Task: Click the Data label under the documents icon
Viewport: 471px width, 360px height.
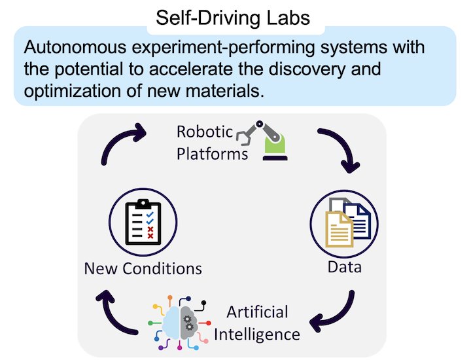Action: coord(344,267)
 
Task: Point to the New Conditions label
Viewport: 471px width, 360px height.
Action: coord(143,268)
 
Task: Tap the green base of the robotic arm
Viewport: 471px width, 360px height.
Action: coord(273,152)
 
